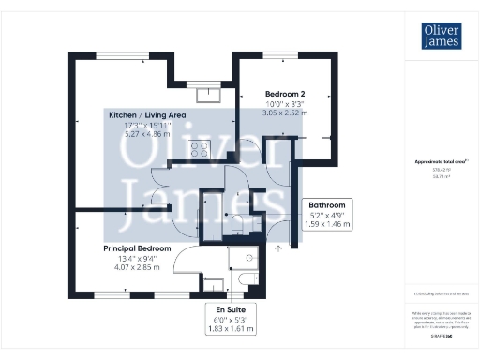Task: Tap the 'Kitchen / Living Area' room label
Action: (147, 114)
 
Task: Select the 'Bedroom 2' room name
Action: (285, 94)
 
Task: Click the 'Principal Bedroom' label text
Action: (137, 248)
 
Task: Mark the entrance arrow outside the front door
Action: (278, 247)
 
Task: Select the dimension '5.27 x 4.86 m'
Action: (147, 134)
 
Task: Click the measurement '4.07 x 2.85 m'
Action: (137, 267)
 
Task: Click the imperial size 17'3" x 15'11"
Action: (147, 125)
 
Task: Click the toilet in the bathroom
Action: (237, 222)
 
